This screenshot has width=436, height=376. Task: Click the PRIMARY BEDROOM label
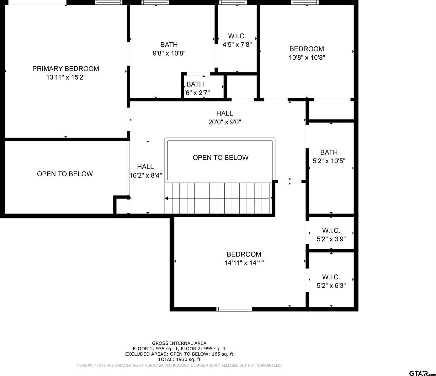[66, 69]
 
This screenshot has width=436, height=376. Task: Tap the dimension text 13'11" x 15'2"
[66, 77]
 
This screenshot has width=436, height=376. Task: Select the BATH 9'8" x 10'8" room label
[169, 49]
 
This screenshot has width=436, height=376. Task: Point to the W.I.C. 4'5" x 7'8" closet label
[237, 40]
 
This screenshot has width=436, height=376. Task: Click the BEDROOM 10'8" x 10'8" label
[307, 53]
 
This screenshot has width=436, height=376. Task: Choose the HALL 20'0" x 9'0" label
[225, 118]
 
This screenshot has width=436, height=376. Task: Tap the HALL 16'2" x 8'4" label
[146, 171]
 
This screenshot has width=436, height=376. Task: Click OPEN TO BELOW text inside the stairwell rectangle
[221, 157]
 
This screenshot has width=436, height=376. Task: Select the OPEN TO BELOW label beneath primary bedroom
[65, 174]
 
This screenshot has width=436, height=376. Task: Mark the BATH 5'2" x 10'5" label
[329, 156]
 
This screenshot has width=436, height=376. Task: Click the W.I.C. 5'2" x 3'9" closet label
[331, 235]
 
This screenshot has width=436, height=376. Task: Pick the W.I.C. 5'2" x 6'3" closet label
[331, 281]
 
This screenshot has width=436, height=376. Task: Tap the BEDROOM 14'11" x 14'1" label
[244, 258]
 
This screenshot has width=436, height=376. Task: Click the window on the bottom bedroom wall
[234, 309]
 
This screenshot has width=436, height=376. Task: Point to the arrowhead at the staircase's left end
[167, 198]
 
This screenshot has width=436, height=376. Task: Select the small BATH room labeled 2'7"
[197, 88]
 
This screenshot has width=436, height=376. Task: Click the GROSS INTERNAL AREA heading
[179, 343]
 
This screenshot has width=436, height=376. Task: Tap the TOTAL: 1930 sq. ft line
[179, 359]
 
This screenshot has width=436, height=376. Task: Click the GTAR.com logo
[422, 373]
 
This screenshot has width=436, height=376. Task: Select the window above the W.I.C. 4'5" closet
[233, 3]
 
